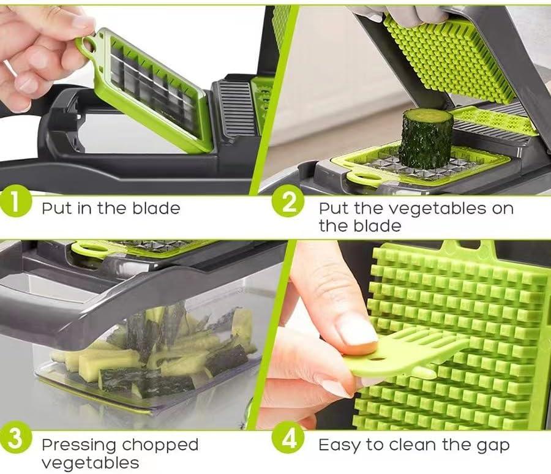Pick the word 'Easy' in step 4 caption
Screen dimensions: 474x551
coord(338,445)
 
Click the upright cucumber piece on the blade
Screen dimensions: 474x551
coord(426,138)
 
